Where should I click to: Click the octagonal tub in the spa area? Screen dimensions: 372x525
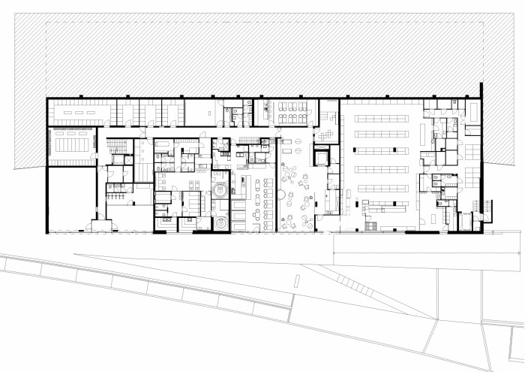(220, 191)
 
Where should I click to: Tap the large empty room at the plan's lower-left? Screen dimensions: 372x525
(70, 198)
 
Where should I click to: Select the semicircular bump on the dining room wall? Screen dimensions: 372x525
(280, 195)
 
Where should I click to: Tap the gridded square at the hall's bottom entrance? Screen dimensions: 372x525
(367, 225)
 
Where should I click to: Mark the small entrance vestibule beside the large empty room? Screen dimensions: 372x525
(98, 225)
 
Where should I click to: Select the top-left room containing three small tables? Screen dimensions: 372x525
(79, 112)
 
